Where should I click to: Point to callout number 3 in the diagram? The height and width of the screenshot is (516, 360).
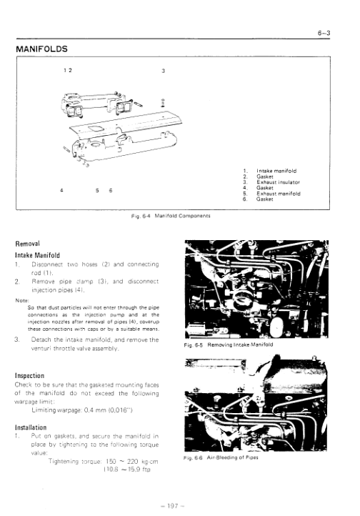point(164,71)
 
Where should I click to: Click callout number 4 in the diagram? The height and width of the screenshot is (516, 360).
point(62,190)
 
